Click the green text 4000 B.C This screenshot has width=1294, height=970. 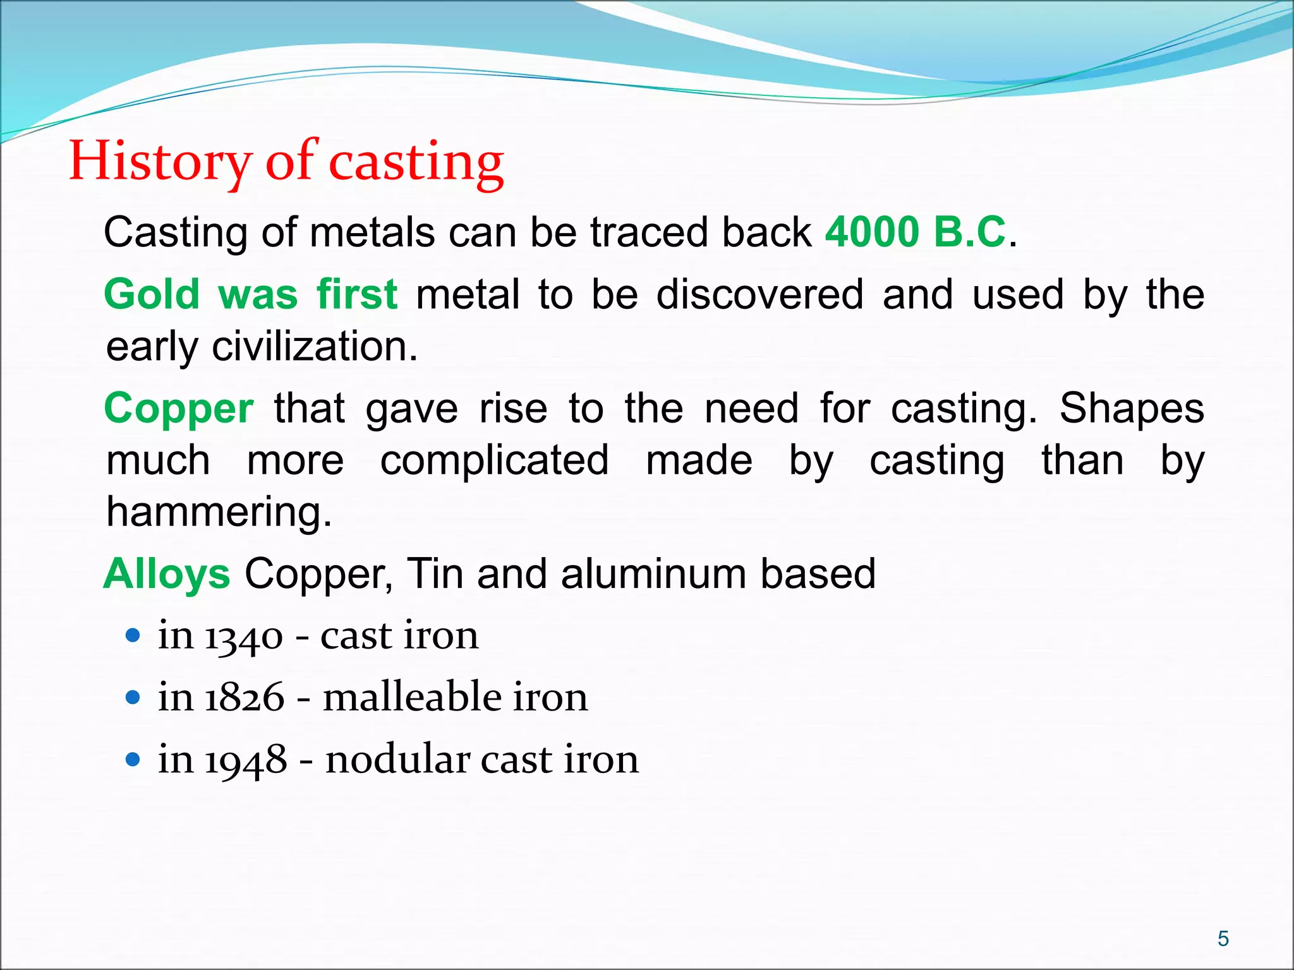pyautogui.click(x=916, y=232)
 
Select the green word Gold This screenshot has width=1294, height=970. pyautogui.click(x=152, y=295)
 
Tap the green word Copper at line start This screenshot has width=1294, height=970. pyautogui.click(x=179, y=409)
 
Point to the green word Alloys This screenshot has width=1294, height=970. pyautogui.click(x=167, y=574)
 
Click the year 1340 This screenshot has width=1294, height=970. pyautogui.click(x=243, y=636)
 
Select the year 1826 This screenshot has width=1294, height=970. pyautogui.click(x=245, y=698)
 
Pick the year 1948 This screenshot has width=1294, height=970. pyautogui.click(x=246, y=760)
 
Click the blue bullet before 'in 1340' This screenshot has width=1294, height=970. pyautogui.click(x=133, y=635)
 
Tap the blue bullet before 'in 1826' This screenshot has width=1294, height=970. pyautogui.click(x=133, y=697)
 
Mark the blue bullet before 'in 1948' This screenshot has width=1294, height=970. pyautogui.click(x=133, y=759)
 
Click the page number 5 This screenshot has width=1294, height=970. pyautogui.click(x=1223, y=939)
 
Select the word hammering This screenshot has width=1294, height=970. pyautogui.click(x=219, y=512)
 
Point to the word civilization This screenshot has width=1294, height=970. pyautogui.click(x=315, y=347)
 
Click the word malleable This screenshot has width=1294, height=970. pyautogui.click(x=412, y=697)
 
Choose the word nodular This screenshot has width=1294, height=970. pyautogui.click(x=397, y=759)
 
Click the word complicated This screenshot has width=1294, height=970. pyautogui.click(x=495, y=460)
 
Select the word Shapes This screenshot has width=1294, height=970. pyautogui.click(x=1132, y=409)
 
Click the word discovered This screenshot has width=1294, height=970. pyautogui.click(x=759, y=295)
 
